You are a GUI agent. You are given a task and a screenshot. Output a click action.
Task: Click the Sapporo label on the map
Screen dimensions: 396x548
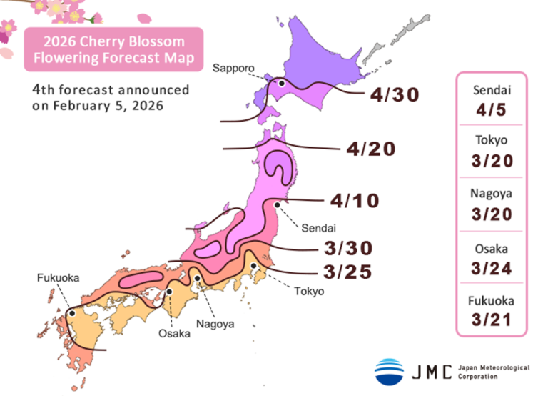234,68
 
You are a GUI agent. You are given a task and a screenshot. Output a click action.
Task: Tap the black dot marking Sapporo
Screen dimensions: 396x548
282,84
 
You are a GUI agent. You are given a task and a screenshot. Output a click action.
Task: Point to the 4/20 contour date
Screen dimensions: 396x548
370,149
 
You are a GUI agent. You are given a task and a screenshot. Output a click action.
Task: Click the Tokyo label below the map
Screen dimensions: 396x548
309,291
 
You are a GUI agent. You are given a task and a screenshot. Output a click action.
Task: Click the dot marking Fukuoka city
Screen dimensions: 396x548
72,312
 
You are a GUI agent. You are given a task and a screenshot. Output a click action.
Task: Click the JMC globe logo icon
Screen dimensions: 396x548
389,371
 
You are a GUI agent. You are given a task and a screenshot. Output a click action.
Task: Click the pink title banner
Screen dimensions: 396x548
113,49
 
